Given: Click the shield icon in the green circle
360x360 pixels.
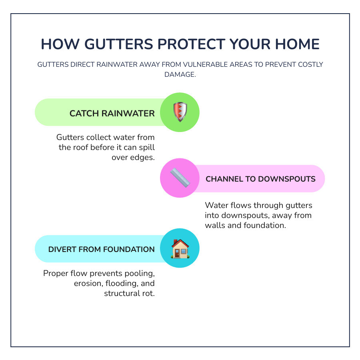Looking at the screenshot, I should (180, 112).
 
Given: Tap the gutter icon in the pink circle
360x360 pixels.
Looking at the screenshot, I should (180, 178).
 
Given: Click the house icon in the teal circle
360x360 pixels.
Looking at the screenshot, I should (180, 249).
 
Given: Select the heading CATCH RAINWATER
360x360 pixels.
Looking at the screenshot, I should (112, 114).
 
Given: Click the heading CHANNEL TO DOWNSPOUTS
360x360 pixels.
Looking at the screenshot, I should (260, 179).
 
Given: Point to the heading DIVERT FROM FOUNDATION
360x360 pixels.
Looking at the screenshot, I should (101, 249).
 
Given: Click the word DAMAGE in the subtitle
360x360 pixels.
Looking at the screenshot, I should (180, 75).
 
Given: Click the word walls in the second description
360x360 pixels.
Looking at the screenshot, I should (216, 225).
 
